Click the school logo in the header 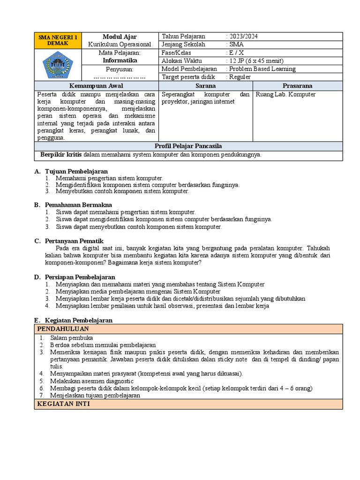pos(58,65)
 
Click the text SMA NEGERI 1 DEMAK pos(58,40)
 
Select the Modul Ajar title pos(120,37)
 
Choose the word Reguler pos(240,77)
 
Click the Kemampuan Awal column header pos(96,86)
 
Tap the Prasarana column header pos(297,86)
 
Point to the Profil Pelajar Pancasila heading pos(188,146)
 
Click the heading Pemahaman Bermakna pos(78,205)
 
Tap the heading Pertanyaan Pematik pos(74,240)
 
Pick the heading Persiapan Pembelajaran pos(80,277)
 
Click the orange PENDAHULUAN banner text pos(63,329)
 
